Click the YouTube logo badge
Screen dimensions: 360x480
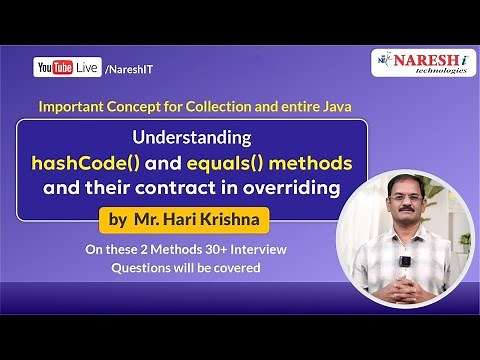pos(51,67)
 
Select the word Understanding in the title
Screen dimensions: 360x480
pos(192,138)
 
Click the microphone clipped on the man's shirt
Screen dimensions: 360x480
pos(406,262)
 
